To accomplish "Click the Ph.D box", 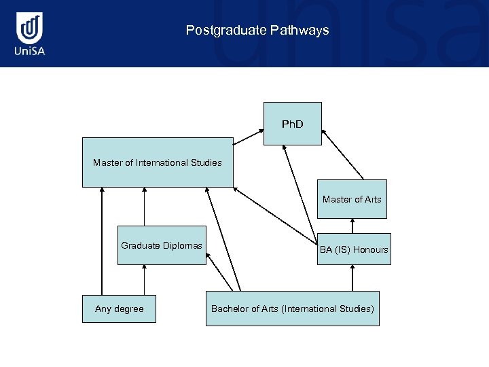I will pyautogui.click(x=293, y=124).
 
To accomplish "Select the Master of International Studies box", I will pyautogui.click(x=157, y=162).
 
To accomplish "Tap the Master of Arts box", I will pyautogui.click(x=352, y=199).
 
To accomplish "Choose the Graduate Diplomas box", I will pyautogui.click(x=162, y=245).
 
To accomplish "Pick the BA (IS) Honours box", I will pyautogui.click(x=354, y=249).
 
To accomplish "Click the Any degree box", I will pyautogui.click(x=120, y=309).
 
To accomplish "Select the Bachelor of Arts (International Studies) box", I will pyautogui.click(x=292, y=309).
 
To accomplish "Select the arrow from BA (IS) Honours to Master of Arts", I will pyautogui.click(x=352, y=226).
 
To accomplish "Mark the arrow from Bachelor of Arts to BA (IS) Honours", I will pyautogui.click(x=352, y=278).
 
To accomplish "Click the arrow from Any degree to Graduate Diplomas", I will pyautogui.click(x=144, y=280).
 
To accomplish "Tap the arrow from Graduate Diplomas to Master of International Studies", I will pyautogui.click(x=144, y=207).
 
